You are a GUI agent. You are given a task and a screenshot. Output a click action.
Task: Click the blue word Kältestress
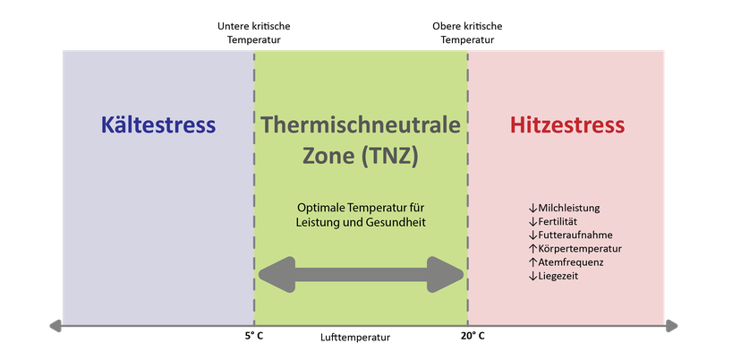(x=158, y=124)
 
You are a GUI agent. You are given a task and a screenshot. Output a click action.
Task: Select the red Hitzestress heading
(x=567, y=124)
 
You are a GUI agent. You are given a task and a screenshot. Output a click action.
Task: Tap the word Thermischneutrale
(x=361, y=124)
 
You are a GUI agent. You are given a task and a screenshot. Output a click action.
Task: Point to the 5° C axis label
(x=253, y=337)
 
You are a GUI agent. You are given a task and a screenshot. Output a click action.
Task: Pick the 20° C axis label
(x=473, y=337)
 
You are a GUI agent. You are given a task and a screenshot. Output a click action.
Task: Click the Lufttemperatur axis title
(x=355, y=338)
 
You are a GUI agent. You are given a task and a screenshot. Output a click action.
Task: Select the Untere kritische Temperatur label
(x=254, y=33)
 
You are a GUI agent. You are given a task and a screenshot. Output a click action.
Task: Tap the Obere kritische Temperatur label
(x=467, y=33)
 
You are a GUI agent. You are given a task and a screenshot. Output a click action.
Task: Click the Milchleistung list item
(x=565, y=208)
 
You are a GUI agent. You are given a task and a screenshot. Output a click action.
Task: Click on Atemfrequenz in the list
(x=566, y=262)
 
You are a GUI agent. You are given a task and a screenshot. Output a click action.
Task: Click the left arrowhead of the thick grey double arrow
(x=277, y=274)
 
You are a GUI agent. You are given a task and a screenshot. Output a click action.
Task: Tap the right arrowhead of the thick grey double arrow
(x=445, y=274)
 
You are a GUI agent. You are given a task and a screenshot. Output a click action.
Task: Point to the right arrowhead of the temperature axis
(x=672, y=326)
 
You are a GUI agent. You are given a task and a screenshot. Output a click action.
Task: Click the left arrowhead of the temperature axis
(x=55, y=326)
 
